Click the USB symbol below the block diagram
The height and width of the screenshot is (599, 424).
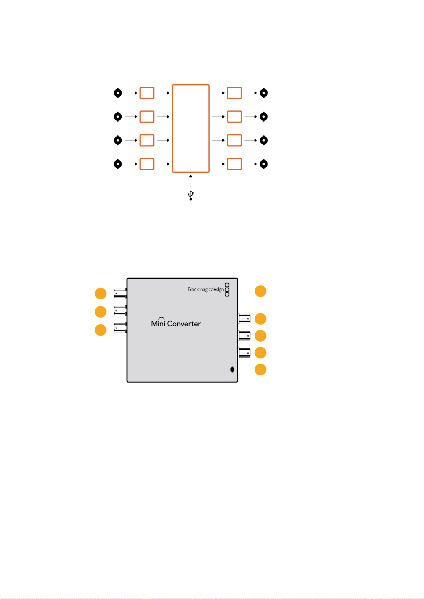pos(191,195)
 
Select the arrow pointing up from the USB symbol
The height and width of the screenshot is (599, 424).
pos(191,181)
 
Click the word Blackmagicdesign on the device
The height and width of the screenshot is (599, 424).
pos(206,289)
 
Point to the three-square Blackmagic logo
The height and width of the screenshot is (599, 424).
pos(227,290)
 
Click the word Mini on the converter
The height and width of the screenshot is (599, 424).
pos(158,323)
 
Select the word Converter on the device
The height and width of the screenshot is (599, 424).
pos(184,323)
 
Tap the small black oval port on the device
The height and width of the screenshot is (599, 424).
pos(232,369)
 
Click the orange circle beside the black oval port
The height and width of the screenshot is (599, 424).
pos(260,370)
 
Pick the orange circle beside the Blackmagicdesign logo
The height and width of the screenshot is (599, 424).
pos(260,291)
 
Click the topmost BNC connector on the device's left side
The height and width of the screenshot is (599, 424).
pos(120,293)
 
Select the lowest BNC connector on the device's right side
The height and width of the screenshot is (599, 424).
pos(244,353)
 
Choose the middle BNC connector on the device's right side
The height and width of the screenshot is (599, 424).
pos(244,336)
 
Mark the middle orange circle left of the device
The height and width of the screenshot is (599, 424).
pos(101,312)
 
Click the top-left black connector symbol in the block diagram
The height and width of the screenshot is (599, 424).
pos(118,93)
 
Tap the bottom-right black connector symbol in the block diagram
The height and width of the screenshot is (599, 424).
pos(264,164)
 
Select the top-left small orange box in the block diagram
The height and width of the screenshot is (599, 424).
pos(147,93)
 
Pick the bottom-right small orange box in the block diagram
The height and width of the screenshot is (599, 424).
pos(234,164)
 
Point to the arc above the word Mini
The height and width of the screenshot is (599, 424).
pos(161,318)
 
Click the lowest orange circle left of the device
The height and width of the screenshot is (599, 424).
pos(101,330)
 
